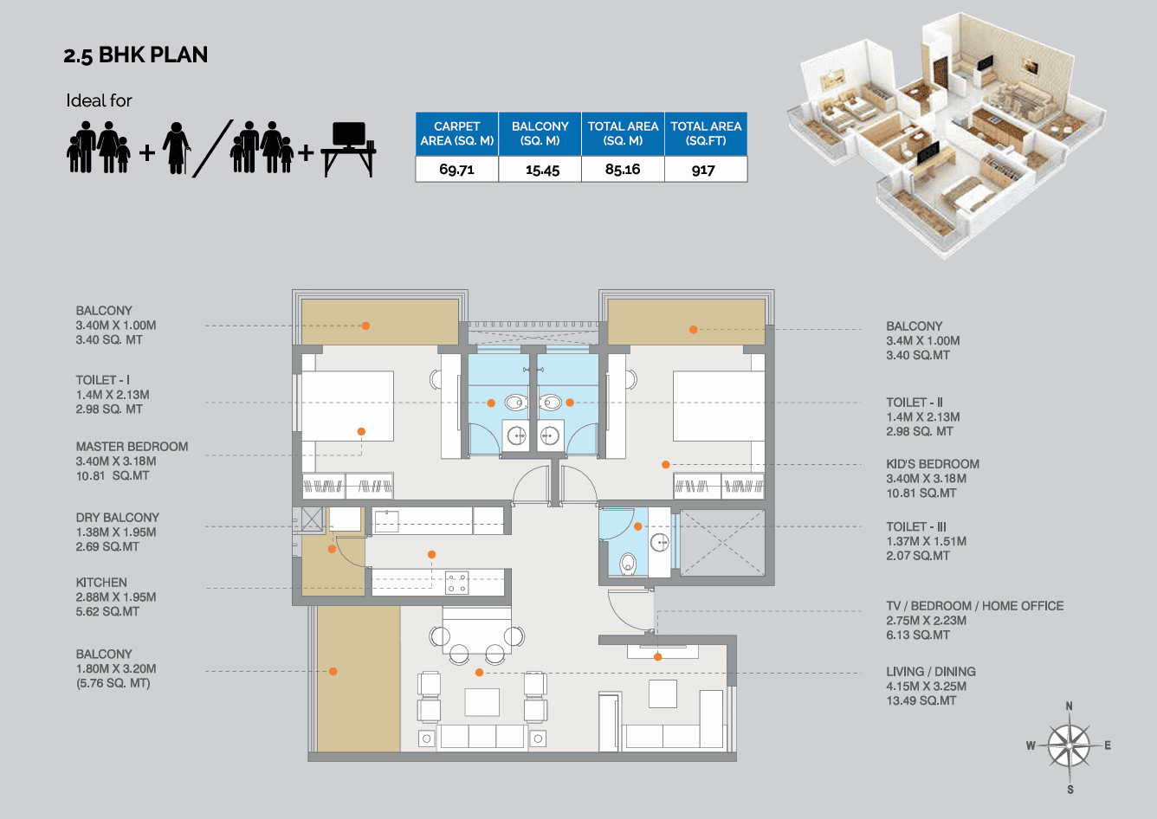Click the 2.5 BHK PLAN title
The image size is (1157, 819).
pyautogui.click(x=135, y=55)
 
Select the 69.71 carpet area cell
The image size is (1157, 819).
pyautogui.click(x=456, y=170)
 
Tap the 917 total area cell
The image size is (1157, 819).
pyautogui.click(x=704, y=170)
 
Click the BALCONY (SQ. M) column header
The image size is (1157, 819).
pyautogui.click(x=540, y=133)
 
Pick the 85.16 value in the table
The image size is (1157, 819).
pyautogui.click(x=623, y=170)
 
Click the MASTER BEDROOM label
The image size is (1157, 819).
pyautogui.click(x=132, y=447)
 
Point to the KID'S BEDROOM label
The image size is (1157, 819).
pyautogui.click(x=932, y=464)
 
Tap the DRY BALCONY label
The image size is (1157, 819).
pyautogui.click(x=117, y=518)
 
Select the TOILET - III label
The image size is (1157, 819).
pyautogui.click(x=915, y=526)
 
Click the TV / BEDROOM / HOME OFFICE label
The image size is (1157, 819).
pyautogui.click(x=974, y=606)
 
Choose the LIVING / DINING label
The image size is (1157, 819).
pyautogui.click(x=930, y=672)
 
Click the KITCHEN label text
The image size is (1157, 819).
pyautogui.click(x=101, y=583)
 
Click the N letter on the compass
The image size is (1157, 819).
pyautogui.click(x=1069, y=706)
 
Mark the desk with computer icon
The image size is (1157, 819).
pyautogui.click(x=348, y=149)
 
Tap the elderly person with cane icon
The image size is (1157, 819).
pyautogui.click(x=177, y=147)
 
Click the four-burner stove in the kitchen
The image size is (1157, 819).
pyautogui.click(x=456, y=583)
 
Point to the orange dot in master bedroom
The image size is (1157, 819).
pyautogui.click(x=361, y=431)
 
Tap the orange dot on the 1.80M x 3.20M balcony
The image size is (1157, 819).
pyautogui.click(x=333, y=671)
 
